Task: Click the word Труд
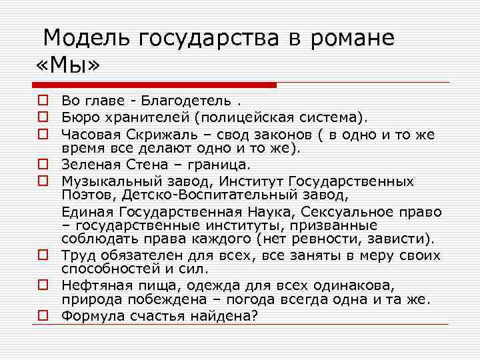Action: click(x=76, y=256)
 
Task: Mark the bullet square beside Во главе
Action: click(x=41, y=101)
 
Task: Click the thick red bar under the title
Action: click(x=154, y=85)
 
